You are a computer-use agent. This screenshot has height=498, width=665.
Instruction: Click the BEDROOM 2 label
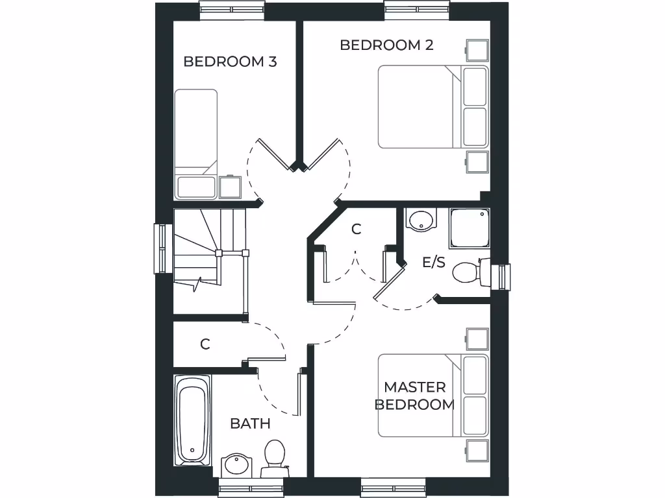click(386, 45)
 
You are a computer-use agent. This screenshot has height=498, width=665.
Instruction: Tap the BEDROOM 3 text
click(230, 62)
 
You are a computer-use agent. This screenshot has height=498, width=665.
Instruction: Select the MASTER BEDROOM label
click(414, 396)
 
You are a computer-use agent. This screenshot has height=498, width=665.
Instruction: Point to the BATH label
click(250, 423)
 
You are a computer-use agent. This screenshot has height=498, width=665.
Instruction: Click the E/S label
click(434, 262)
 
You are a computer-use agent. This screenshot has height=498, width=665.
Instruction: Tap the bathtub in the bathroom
click(192, 420)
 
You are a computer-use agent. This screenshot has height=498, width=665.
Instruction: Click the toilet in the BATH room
click(274, 455)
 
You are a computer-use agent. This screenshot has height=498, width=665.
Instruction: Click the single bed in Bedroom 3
click(195, 143)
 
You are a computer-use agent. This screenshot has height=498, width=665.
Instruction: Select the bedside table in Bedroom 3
click(230, 187)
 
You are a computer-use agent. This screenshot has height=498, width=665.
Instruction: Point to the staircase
click(208, 250)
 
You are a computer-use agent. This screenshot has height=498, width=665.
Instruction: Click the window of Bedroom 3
click(232, 10)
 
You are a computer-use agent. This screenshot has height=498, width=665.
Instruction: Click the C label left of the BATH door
click(205, 344)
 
